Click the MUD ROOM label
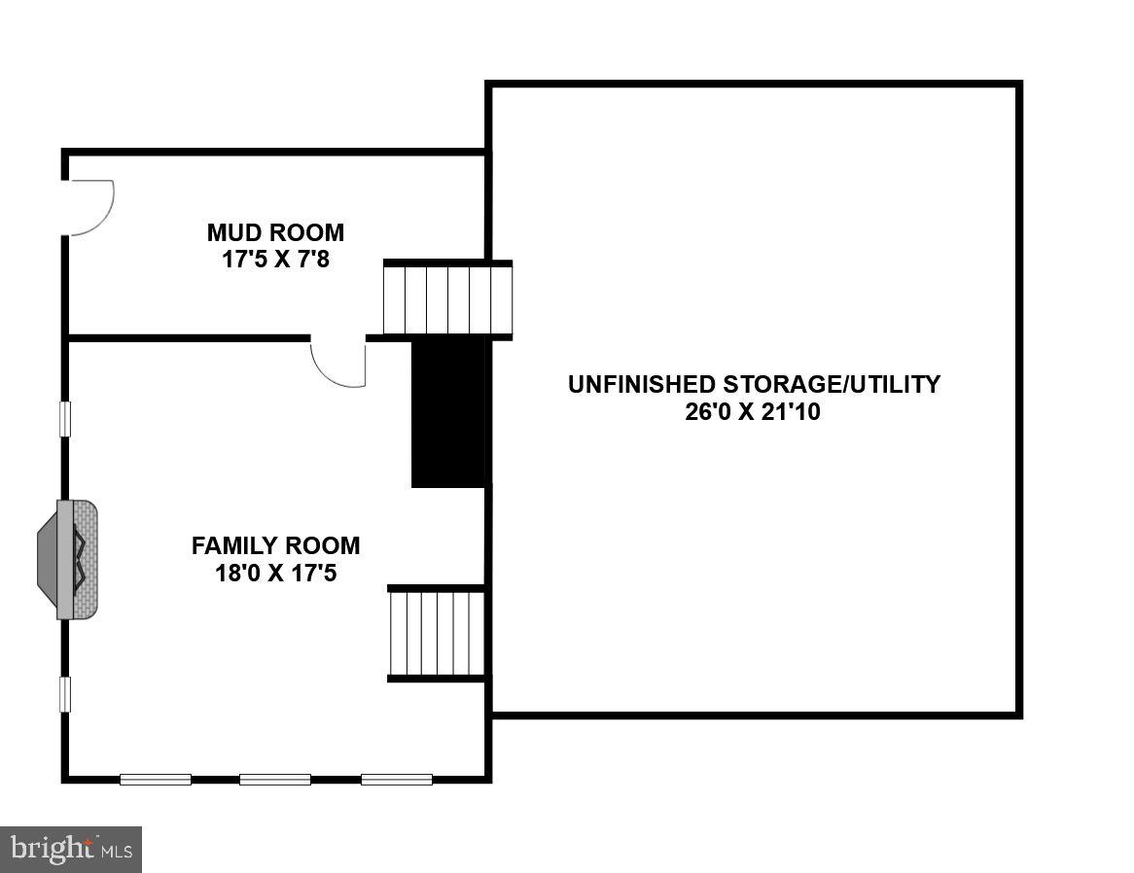[275, 233]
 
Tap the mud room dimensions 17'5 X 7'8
[275, 260]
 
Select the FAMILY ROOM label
[275, 545]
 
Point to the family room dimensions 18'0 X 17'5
[275, 573]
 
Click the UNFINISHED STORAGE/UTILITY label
[754, 384]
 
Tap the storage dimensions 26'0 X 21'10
[753, 411]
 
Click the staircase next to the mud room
[447, 298]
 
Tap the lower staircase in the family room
[437, 633]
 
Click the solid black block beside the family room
[448, 411]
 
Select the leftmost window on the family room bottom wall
[156, 779]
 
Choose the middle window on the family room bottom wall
[275, 779]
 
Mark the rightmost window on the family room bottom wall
[397, 779]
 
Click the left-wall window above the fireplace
[65, 419]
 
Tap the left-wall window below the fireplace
[65, 694]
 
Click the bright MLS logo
[72, 849]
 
